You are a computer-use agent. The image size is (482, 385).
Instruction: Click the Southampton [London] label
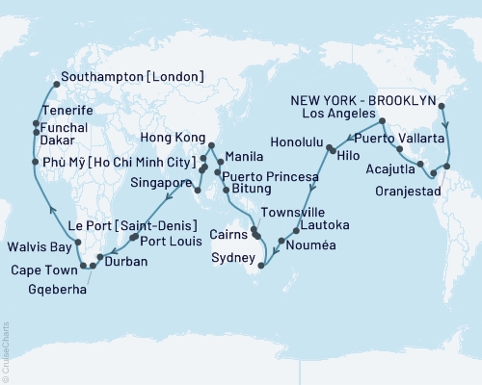131,76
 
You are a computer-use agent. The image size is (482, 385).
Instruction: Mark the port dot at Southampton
55,84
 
